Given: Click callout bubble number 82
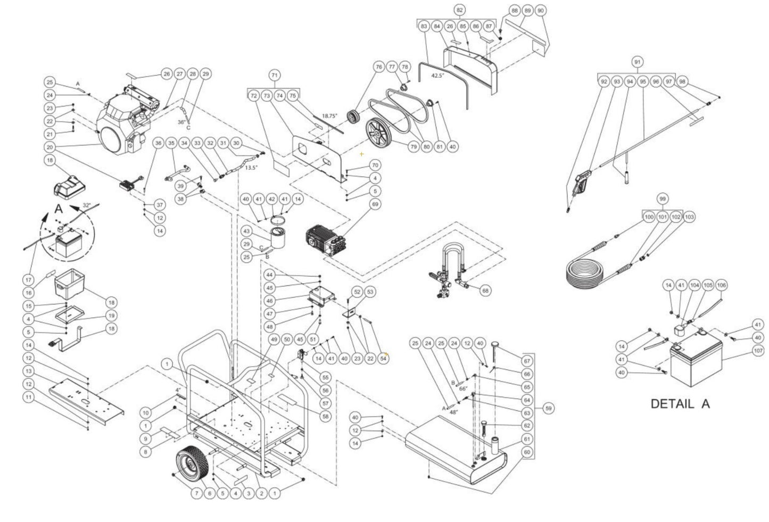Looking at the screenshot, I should tap(459, 10).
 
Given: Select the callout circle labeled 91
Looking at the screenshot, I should tap(637, 62).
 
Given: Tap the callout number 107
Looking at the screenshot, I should tap(758, 350).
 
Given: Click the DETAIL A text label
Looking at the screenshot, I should tap(680, 404).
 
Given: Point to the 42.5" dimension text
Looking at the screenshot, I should tap(437, 76).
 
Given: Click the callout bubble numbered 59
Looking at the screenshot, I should tap(549, 408).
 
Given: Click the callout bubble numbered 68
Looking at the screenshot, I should tap(485, 291).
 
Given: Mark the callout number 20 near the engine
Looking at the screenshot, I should tap(50, 147).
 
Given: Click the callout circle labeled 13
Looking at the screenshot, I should tap(29, 370).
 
